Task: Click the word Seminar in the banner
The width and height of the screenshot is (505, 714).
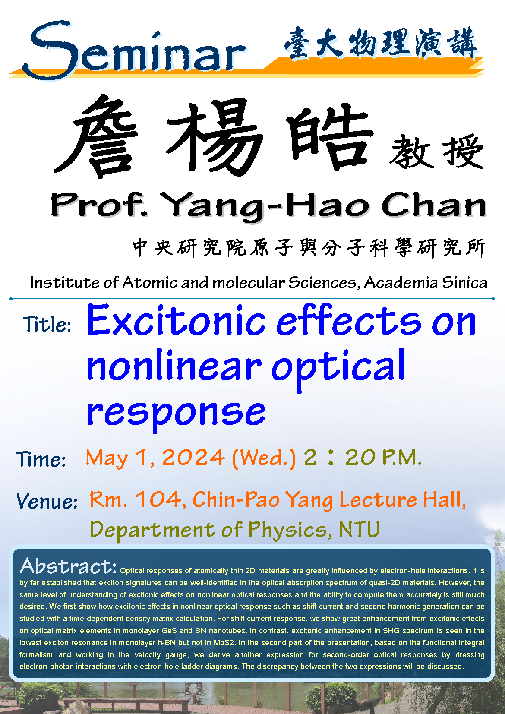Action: tap(134, 51)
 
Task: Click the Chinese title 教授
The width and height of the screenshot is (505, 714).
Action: tap(436, 152)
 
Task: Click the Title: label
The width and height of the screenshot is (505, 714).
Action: tap(47, 324)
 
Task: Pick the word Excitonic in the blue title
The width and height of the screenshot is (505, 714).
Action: tap(176, 320)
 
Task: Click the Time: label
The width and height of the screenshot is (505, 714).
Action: tap(41, 459)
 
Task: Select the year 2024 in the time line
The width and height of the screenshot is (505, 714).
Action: tap(193, 458)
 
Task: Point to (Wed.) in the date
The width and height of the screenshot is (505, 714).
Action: tap(264, 458)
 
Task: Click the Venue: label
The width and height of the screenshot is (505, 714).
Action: tap(47, 501)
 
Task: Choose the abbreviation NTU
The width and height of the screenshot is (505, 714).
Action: tap(359, 529)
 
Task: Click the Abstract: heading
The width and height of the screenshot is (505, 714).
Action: tap(68, 566)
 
